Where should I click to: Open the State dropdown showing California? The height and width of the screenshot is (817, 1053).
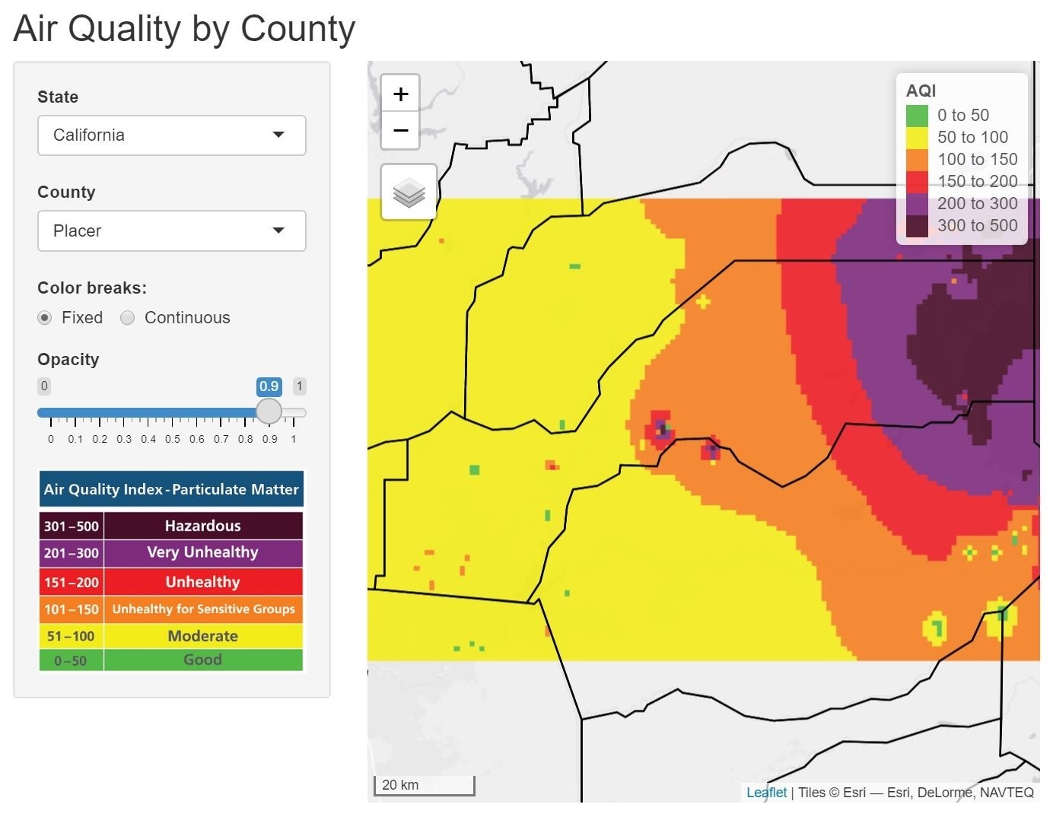point(171,135)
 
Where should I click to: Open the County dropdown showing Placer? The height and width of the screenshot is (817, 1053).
point(171,230)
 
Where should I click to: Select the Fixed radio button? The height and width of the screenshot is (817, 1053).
point(45,318)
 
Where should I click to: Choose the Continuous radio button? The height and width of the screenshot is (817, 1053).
point(128,318)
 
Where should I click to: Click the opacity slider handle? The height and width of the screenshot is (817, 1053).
point(269,412)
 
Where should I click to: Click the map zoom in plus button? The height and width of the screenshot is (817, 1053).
point(400,94)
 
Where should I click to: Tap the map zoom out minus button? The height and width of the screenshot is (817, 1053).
point(400,130)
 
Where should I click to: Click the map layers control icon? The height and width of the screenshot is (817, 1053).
point(409,192)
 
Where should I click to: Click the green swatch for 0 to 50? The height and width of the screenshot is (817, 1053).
point(917,116)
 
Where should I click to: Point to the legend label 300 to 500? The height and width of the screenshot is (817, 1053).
point(977,225)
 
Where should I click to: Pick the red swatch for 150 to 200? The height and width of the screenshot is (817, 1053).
point(917,182)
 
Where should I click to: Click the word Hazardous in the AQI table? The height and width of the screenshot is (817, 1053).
point(202,526)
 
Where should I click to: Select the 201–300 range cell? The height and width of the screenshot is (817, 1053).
point(72,553)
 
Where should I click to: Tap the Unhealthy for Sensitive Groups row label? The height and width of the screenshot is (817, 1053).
point(203,609)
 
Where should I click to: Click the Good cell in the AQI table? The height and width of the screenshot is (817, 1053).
point(202,660)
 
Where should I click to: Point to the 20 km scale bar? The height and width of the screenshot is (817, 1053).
point(424,785)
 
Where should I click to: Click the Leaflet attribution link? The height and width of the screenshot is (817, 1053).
point(766,793)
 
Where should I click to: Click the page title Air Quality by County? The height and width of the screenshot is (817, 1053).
point(184,29)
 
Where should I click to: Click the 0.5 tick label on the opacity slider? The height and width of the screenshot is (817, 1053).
point(173,439)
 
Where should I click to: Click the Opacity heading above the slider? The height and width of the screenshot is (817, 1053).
point(68,359)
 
